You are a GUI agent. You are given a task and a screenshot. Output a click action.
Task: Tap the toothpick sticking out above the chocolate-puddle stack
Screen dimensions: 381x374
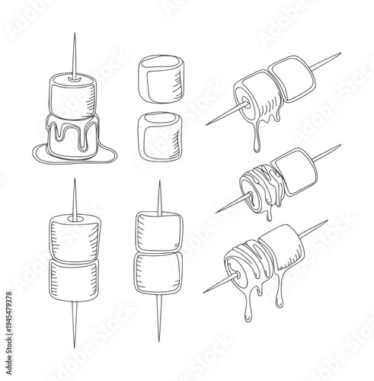pyautogui.click(x=75, y=53)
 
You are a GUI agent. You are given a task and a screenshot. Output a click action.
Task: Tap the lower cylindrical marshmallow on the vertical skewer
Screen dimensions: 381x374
pyautogui.click(x=74, y=279)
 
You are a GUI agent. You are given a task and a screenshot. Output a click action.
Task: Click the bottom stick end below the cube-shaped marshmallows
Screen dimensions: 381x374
pyautogui.click(x=159, y=320)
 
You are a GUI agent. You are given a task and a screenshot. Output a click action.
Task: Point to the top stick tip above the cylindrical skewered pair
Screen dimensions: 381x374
pyautogui.click(x=75, y=194)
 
